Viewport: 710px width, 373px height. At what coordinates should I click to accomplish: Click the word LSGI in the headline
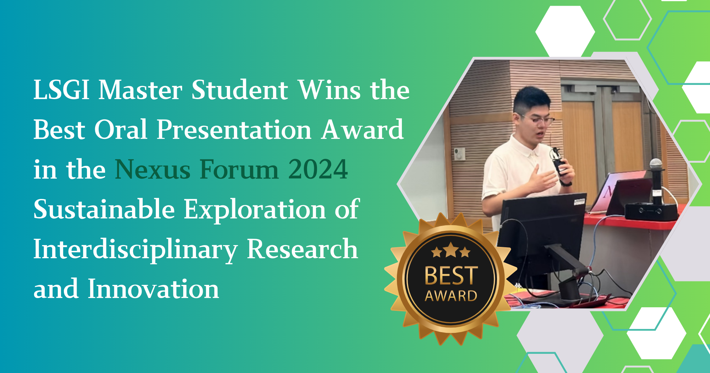click(61, 90)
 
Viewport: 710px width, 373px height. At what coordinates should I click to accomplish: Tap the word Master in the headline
click(140, 90)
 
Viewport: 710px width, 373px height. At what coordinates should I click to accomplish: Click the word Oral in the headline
click(121, 130)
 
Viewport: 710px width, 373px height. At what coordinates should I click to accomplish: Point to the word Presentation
click(234, 130)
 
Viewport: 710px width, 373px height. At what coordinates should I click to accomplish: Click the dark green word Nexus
click(153, 169)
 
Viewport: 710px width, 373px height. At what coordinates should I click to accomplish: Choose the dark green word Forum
click(239, 169)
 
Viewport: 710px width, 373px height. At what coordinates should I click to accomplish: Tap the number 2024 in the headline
click(318, 169)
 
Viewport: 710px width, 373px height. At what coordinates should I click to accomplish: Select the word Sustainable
click(104, 209)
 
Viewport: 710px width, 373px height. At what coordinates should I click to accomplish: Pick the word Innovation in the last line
click(153, 289)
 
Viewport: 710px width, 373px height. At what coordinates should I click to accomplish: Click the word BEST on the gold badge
click(451, 276)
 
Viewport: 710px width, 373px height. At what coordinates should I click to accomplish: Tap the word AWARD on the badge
click(451, 296)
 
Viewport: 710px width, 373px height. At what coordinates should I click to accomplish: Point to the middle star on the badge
click(451, 250)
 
